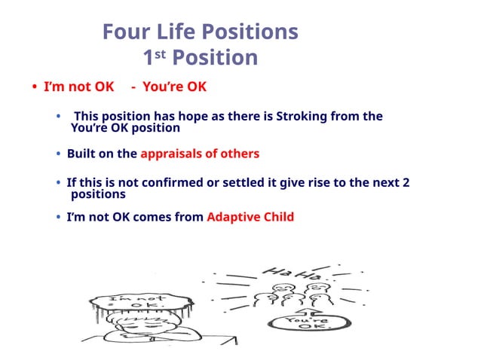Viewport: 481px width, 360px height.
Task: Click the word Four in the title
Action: tap(124, 32)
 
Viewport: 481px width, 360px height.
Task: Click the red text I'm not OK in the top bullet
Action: tap(79, 87)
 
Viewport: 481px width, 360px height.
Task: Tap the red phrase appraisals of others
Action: tap(200, 154)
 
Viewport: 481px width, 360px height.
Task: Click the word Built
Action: tap(82, 154)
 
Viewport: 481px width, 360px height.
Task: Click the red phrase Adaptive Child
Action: tap(250, 217)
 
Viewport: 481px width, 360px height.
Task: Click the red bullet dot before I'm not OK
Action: tap(35, 87)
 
